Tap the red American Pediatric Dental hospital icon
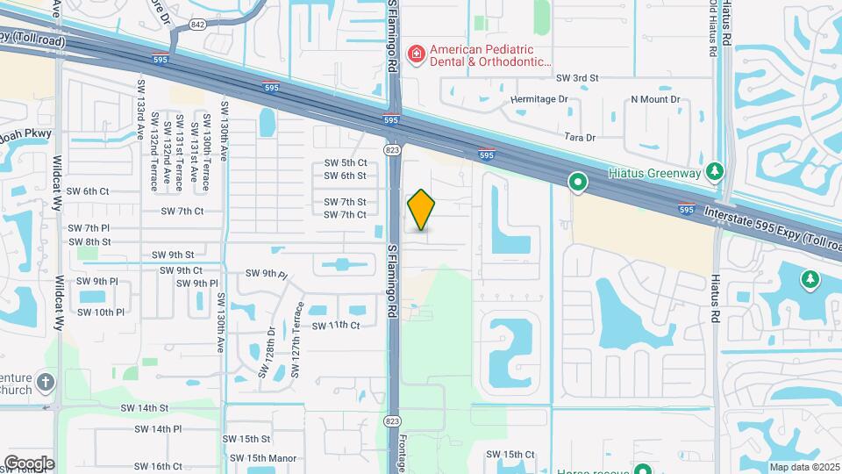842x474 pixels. click(x=416, y=54)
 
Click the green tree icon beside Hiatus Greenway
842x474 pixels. click(x=717, y=169)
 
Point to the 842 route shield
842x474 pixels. click(x=197, y=25)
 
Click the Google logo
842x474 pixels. click(x=29, y=463)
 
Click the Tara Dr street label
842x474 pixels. click(x=580, y=138)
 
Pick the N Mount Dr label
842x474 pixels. click(x=655, y=99)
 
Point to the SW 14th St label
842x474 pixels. click(x=145, y=408)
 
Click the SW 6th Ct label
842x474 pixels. click(x=88, y=190)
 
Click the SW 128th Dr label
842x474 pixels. click(x=267, y=353)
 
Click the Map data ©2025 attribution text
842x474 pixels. click(x=804, y=467)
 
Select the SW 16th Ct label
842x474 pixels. click(x=153, y=467)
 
